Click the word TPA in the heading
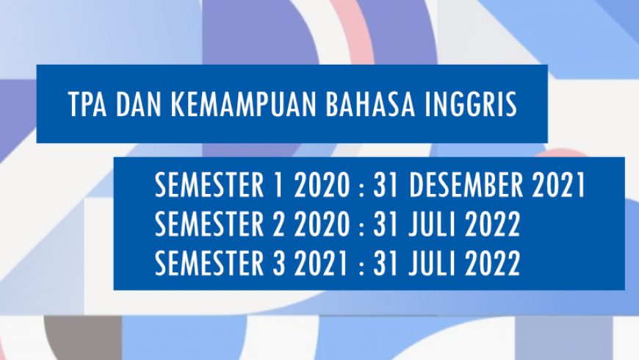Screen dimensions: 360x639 (x=84, y=105)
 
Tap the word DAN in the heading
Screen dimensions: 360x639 (x=134, y=105)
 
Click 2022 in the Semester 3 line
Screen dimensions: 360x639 (x=494, y=263)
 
